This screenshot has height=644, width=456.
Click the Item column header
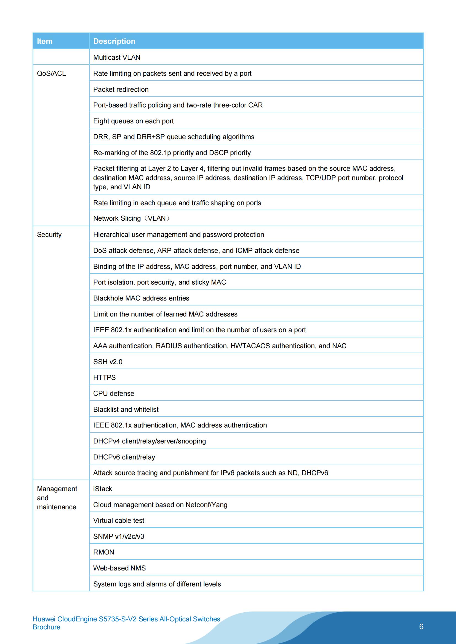[45, 41]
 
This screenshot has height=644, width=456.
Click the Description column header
[114, 41]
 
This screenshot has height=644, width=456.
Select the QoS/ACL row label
[51, 74]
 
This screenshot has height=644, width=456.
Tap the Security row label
[49, 234]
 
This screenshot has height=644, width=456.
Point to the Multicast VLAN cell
[117, 58]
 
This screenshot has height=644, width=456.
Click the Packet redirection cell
[121, 90]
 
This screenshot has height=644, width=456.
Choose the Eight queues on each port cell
[133, 121]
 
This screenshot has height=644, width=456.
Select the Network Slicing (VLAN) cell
[132, 218]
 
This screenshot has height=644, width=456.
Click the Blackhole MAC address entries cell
[141, 298]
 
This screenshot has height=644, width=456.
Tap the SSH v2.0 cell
[108, 362]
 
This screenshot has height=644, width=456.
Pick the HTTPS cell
[104, 378]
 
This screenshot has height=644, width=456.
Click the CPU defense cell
[113, 394]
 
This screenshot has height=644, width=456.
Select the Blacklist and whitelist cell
[126, 410]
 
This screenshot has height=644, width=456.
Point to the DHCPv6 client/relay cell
[124, 457]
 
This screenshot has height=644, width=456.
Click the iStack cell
[103, 489]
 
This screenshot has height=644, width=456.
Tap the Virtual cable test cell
[119, 521]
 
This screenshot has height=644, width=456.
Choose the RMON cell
[104, 552]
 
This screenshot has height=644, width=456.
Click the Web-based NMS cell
[119, 568]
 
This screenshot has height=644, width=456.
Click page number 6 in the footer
[421, 627]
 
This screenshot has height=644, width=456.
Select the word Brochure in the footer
[46, 627]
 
